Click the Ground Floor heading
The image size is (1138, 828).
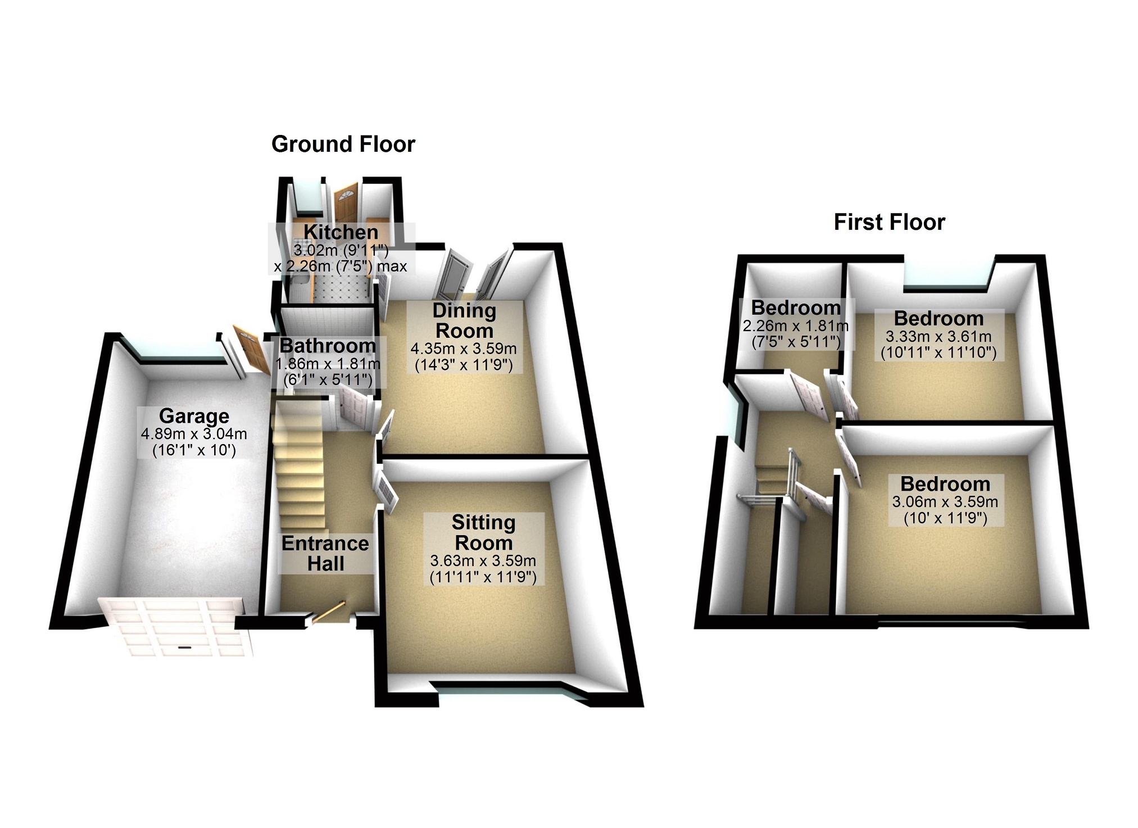343,144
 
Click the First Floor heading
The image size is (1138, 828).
889,222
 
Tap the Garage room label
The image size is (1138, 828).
194,416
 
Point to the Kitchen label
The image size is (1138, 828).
341,232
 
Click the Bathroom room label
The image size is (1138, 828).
328,345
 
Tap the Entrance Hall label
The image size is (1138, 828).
325,553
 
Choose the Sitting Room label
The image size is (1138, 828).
483,532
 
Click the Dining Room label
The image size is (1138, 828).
464,320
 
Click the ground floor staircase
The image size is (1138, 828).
298,467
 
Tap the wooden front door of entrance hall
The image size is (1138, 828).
329,612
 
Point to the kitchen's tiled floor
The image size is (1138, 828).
337,289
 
